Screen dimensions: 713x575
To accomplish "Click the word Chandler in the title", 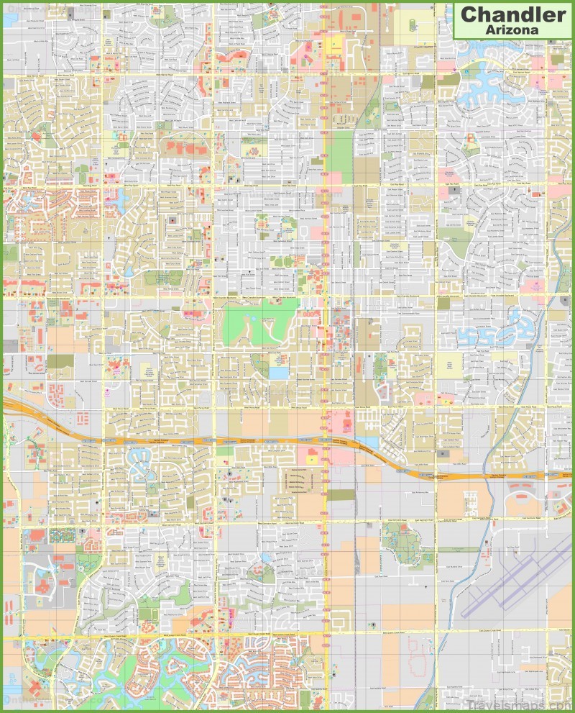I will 513,14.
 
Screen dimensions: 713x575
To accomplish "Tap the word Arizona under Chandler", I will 513,29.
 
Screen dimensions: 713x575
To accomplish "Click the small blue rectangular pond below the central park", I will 279,373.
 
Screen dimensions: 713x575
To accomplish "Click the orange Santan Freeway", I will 216,440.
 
